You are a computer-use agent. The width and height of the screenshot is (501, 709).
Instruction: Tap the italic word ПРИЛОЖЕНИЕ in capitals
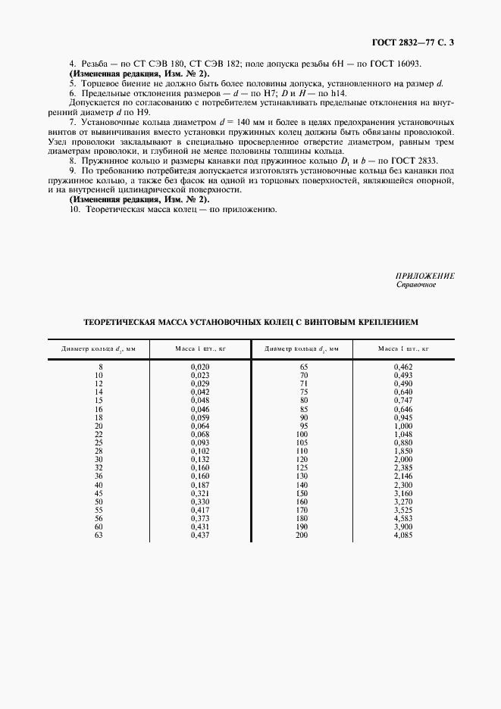coord(425,276)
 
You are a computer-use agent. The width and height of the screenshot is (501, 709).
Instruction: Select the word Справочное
coord(416,286)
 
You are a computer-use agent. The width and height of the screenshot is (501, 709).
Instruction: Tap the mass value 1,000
coord(403,426)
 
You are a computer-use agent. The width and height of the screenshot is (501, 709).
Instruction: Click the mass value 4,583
coord(403,519)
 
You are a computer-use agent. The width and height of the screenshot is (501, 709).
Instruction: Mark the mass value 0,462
coord(403,367)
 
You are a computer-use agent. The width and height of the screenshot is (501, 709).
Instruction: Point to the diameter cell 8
coord(100,367)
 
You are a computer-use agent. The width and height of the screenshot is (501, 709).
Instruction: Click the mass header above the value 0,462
coord(403,349)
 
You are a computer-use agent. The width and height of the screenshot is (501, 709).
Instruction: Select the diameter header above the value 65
coord(303,349)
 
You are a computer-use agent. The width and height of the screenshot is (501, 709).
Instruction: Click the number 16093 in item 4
coord(427,64)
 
